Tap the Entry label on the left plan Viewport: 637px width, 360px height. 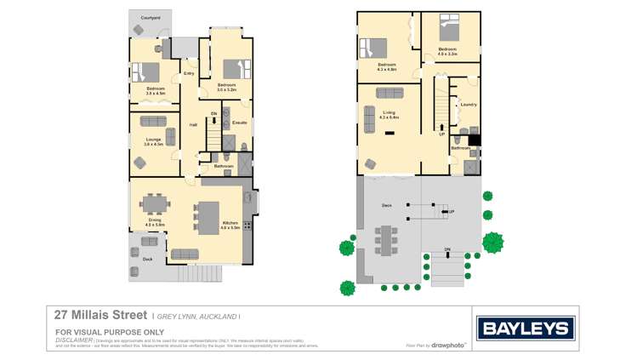[188, 73]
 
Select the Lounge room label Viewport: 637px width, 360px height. [153, 140]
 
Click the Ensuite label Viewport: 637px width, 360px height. [240, 123]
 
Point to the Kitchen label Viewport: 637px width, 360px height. [230, 225]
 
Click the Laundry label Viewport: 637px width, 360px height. [468, 105]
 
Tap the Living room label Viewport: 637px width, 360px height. [389, 113]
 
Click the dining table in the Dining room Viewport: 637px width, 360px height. [154, 205]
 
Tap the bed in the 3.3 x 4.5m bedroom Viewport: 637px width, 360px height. [151, 71]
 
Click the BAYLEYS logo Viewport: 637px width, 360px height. [526, 328]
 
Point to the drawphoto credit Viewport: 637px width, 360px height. [448, 346]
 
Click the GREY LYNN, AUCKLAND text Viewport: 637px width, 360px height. [196, 316]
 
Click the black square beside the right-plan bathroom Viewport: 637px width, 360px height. [475, 140]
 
